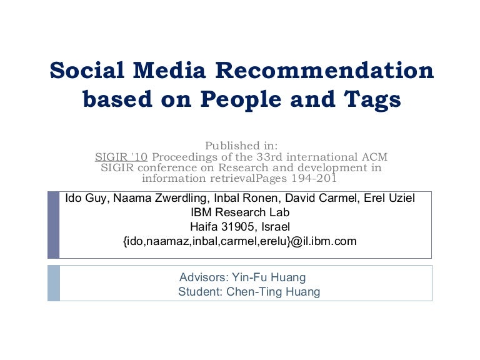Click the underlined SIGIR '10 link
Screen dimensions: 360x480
(121, 156)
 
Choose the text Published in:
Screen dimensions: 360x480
(241, 146)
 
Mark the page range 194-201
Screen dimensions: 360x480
(309, 178)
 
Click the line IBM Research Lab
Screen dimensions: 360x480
(240, 212)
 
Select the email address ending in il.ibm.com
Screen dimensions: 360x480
(240, 241)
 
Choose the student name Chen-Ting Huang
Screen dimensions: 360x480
(276, 292)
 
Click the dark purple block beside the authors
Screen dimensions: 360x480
(53, 225)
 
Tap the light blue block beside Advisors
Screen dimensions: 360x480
(53, 283)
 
